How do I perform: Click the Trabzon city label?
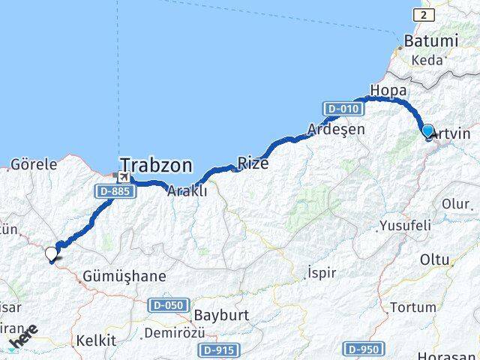tap(156, 165)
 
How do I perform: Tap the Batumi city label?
tap(430, 40)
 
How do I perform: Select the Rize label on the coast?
tap(253, 163)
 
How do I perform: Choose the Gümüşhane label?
tap(125, 276)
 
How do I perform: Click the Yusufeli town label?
tap(405, 225)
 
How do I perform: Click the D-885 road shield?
tap(112, 192)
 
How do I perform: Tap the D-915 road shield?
tap(218, 349)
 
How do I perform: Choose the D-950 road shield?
tap(364, 349)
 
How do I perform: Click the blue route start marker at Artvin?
tap(427, 131)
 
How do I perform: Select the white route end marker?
tap(52, 254)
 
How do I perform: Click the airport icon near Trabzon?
tap(121, 177)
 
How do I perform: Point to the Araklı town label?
tap(187, 190)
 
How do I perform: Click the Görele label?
tap(34, 163)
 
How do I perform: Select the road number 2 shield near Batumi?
tap(424, 15)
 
